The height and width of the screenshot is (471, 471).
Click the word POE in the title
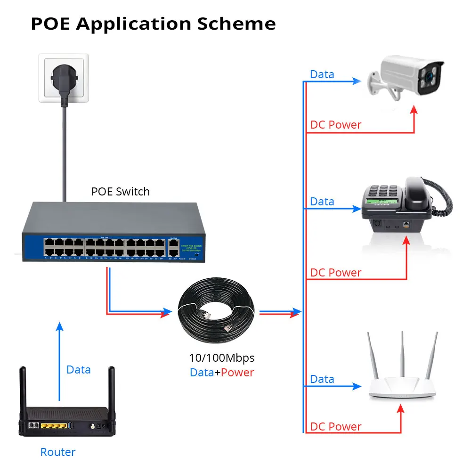50,24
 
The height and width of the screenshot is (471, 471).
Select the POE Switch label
120,192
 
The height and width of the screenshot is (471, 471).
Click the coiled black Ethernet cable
217,311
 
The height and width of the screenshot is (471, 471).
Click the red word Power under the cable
237,373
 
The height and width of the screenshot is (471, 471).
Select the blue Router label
57,452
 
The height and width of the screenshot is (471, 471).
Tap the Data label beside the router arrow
78,370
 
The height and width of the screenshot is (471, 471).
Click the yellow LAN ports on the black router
53,426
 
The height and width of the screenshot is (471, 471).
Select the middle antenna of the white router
402,353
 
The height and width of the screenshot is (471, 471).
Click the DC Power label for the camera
335,125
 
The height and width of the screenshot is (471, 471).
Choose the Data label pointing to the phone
322,202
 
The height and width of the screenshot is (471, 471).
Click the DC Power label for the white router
335,427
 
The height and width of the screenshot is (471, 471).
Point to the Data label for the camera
322,74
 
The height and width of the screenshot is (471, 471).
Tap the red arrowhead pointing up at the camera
414,110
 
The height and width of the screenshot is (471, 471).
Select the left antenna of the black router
22,386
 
